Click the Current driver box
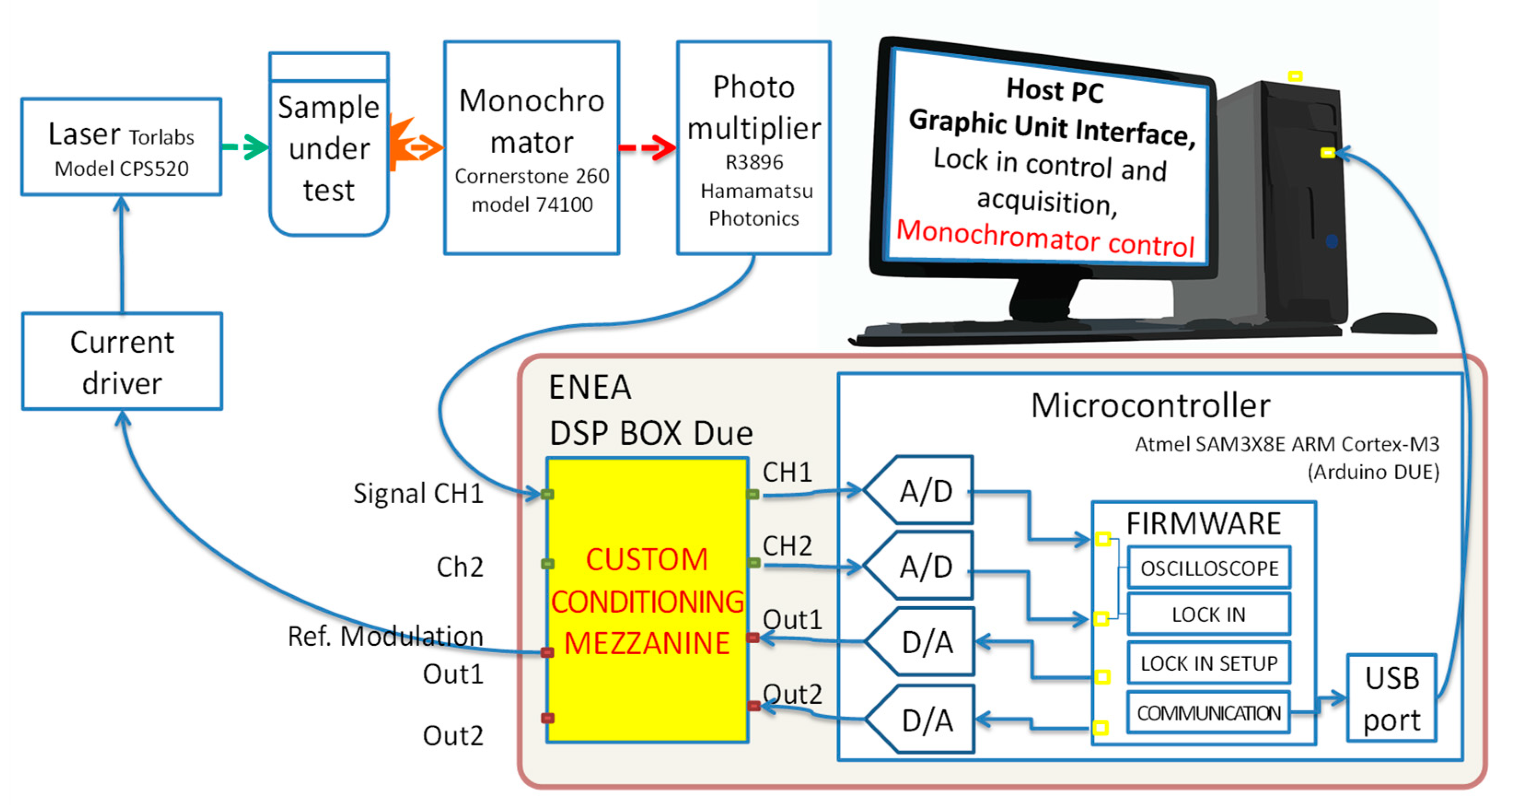122,362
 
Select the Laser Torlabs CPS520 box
122,147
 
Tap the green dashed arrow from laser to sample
245,147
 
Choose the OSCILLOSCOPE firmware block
1209,568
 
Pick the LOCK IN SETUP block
1209,663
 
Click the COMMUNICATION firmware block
1209,713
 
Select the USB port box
1392,698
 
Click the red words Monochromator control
1045,238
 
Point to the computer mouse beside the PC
1394,323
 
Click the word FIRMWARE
1204,523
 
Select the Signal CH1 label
418,493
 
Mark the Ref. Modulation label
385,636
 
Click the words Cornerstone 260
532,176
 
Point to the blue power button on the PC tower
1332,241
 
